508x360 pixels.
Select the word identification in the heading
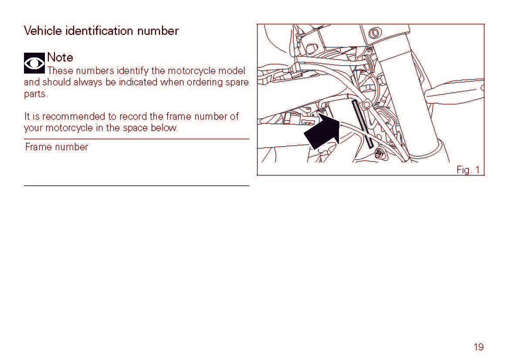(99, 31)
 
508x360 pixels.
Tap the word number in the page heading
(158, 31)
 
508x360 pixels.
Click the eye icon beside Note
(34, 63)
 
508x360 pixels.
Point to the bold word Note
(60, 57)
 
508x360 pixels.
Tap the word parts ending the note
(36, 94)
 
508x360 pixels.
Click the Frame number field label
(57, 147)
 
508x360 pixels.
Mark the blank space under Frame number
(136, 168)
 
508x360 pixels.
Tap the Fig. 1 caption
(468, 170)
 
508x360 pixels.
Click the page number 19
(478, 347)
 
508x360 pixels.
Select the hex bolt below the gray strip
(379, 154)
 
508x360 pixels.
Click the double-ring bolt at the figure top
(375, 33)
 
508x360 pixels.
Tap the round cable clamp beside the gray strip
(366, 104)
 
